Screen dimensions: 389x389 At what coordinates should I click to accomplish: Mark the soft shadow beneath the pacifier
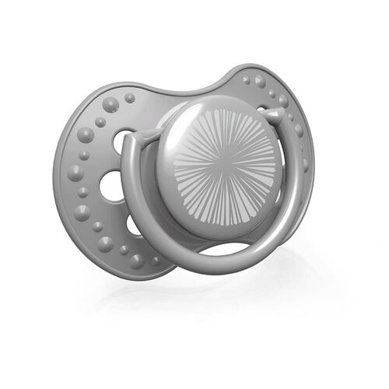210,319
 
